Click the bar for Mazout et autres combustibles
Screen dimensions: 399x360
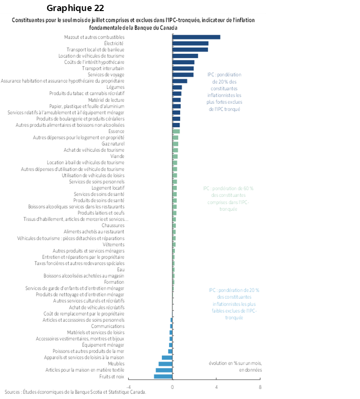tap(196, 37)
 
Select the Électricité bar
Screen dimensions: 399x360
tap(190, 43)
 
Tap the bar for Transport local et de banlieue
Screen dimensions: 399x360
tap(190, 49)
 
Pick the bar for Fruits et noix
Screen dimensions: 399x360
tap(163, 376)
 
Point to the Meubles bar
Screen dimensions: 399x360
tap(165, 364)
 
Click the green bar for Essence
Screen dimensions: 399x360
tap(176, 131)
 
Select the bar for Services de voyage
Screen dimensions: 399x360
tap(183, 74)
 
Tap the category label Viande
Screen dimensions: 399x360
tap(117, 156)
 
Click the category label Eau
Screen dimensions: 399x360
tap(121, 269)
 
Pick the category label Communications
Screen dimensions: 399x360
tap(108, 326)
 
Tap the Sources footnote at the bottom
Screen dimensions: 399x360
tap(74, 392)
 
